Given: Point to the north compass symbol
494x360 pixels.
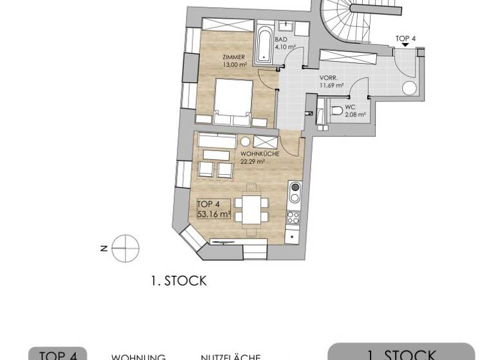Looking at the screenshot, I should (x=125, y=248).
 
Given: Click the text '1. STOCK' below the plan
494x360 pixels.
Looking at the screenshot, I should (x=178, y=281).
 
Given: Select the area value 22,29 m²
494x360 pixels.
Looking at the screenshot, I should (x=253, y=162).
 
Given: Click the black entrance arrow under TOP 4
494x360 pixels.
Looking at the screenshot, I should (x=405, y=47).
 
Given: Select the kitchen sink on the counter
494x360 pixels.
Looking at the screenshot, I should (x=295, y=192).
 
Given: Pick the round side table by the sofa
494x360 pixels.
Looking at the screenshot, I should (x=245, y=142).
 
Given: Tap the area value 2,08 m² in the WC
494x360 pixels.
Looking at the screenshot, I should (x=355, y=115).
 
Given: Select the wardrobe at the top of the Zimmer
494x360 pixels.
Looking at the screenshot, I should (x=226, y=26).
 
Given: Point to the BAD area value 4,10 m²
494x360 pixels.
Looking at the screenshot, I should (x=285, y=47).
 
